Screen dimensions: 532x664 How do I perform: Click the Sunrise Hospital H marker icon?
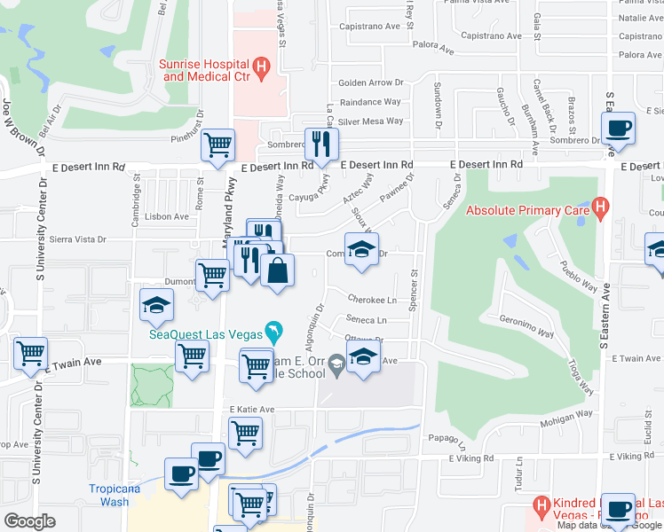pos(261,66)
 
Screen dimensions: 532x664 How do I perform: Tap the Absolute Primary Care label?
pos(529,211)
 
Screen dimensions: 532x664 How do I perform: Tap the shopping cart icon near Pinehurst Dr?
pos(217,145)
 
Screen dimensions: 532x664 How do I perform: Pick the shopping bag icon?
pos(277,270)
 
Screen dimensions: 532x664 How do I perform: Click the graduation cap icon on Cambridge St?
pos(156,306)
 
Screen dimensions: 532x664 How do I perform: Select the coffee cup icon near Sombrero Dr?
pos(619,128)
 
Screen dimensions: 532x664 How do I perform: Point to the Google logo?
pos(30,521)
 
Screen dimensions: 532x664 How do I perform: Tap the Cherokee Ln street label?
pos(371,300)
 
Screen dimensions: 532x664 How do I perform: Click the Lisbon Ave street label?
pos(169,216)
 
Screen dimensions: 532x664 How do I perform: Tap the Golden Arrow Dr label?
pos(371,83)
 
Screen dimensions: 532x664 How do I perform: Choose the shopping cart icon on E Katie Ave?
pos(245,433)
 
